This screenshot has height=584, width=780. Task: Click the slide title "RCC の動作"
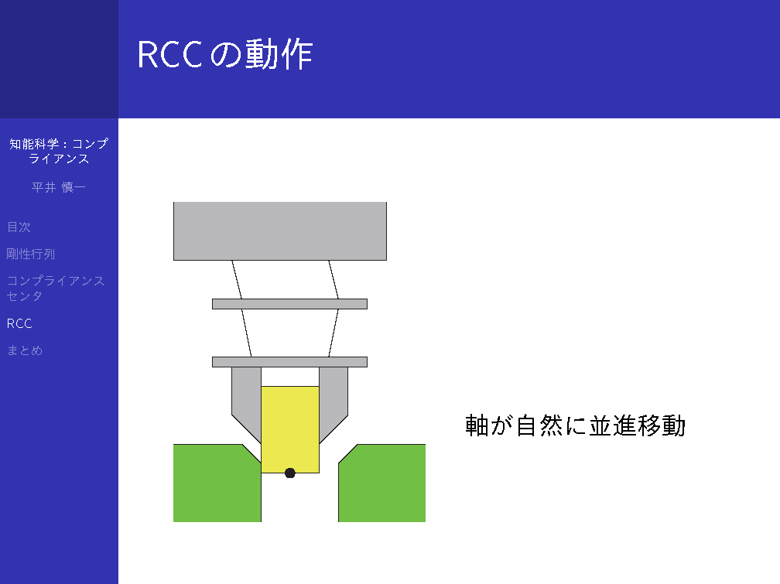click(225, 54)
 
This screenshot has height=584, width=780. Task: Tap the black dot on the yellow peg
click(290, 473)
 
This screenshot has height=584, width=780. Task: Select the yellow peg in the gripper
click(290, 429)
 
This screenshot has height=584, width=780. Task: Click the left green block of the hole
click(217, 483)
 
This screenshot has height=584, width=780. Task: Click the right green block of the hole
click(382, 483)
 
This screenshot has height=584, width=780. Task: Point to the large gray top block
click(280, 231)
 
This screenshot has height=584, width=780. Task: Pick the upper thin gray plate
click(289, 304)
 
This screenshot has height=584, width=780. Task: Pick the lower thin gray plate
click(289, 362)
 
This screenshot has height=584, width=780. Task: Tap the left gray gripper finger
click(247, 398)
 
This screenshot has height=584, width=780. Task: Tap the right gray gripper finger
click(334, 398)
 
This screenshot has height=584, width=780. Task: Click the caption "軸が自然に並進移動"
click(576, 425)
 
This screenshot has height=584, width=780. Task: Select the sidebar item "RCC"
click(19, 324)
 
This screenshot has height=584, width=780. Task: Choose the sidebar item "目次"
click(19, 227)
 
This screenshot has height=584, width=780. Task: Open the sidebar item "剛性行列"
click(31, 254)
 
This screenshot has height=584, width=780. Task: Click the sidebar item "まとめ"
click(25, 350)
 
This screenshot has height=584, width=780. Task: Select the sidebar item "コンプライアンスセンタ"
click(56, 289)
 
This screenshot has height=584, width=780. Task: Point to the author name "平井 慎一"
click(59, 187)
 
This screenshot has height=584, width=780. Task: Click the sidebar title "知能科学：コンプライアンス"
click(59, 152)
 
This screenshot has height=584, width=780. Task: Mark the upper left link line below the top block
click(237, 279)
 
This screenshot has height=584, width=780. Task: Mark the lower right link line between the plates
click(334, 333)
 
